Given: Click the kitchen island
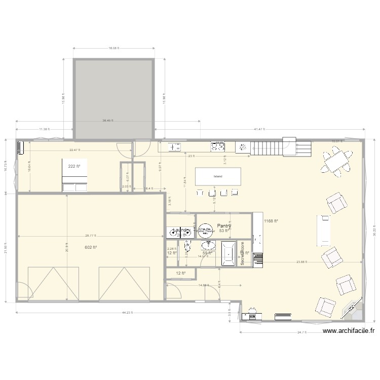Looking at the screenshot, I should (217, 177).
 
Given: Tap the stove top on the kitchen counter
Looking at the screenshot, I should (218, 147).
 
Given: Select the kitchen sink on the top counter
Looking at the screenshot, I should (175, 147).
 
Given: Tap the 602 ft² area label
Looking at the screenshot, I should (91, 247).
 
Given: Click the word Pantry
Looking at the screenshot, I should (224, 226).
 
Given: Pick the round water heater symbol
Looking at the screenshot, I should (205, 231).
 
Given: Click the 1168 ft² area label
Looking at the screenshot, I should (272, 221).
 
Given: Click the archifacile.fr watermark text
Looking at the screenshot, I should (349, 331).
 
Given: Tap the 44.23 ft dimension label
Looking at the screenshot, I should (127, 313).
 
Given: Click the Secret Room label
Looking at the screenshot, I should (243, 253).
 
